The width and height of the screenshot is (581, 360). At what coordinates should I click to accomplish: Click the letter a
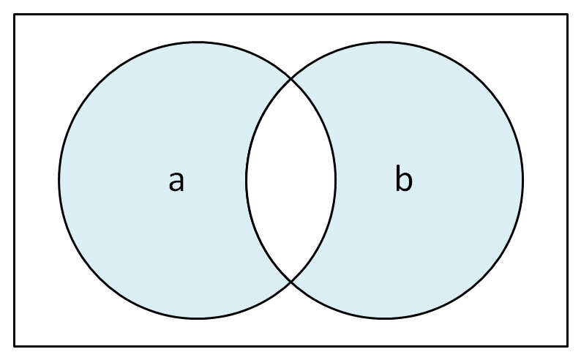176,181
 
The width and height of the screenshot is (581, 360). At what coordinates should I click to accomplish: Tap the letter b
403,178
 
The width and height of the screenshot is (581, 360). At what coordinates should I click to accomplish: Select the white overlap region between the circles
291,181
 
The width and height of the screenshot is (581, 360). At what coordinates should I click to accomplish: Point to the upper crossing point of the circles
291,79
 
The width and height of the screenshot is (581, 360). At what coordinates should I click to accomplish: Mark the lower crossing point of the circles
291,282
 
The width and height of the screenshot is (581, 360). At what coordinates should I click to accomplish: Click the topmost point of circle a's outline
198,42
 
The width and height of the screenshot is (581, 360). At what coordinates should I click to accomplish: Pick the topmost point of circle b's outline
385,42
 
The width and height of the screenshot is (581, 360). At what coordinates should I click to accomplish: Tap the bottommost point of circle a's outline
198,318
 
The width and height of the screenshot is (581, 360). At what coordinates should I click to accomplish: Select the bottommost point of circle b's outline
385,318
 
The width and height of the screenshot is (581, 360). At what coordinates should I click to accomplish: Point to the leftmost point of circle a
59,181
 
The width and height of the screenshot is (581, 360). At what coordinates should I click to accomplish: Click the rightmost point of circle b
522,181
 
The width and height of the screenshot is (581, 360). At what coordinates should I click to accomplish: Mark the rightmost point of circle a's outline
336,181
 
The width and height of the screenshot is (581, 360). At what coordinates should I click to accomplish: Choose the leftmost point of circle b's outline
247,181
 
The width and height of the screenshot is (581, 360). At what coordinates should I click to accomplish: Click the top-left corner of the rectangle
15,15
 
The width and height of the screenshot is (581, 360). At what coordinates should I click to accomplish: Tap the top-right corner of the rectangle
567,15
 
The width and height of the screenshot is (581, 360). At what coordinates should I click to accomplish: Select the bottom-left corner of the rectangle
15,346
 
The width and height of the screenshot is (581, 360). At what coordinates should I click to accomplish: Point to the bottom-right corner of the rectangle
567,346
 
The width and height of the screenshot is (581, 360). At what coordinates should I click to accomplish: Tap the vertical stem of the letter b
398,178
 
